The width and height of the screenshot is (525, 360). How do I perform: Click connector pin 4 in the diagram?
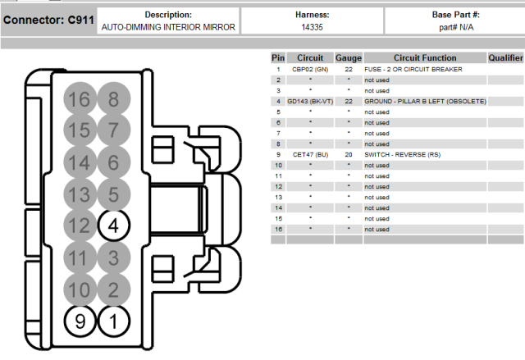[x=113, y=225]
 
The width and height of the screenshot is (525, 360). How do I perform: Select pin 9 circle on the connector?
[x=80, y=321]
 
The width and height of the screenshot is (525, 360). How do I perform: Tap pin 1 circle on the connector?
[x=113, y=321]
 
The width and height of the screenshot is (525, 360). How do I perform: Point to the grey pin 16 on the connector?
[x=80, y=100]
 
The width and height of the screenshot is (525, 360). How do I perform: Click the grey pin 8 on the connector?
[x=113, y=100]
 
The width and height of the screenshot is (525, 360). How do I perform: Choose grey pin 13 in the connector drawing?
[x=80, y=194]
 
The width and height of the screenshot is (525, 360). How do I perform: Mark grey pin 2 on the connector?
[x=113, y=289]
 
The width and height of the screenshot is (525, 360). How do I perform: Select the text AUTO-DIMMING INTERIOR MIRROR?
[x=168, y=27]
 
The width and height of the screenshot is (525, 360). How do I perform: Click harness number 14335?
[x=312, y=27]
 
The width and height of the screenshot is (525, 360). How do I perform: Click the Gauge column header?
[x=349, y=58]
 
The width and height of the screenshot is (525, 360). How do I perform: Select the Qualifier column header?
[x=505, y=58]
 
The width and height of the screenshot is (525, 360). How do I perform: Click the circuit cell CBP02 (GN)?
[x=310, y=70]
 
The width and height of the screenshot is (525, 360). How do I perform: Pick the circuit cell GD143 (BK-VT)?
[x=310, y=101]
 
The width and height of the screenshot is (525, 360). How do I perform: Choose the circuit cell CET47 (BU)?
[x=310, y=154]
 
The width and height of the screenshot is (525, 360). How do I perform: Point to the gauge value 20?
[x=349, y=154]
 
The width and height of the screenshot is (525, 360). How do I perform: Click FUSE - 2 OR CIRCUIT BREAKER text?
[x=413, y=70]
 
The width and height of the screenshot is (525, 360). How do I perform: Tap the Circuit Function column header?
[x=424, y=58]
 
